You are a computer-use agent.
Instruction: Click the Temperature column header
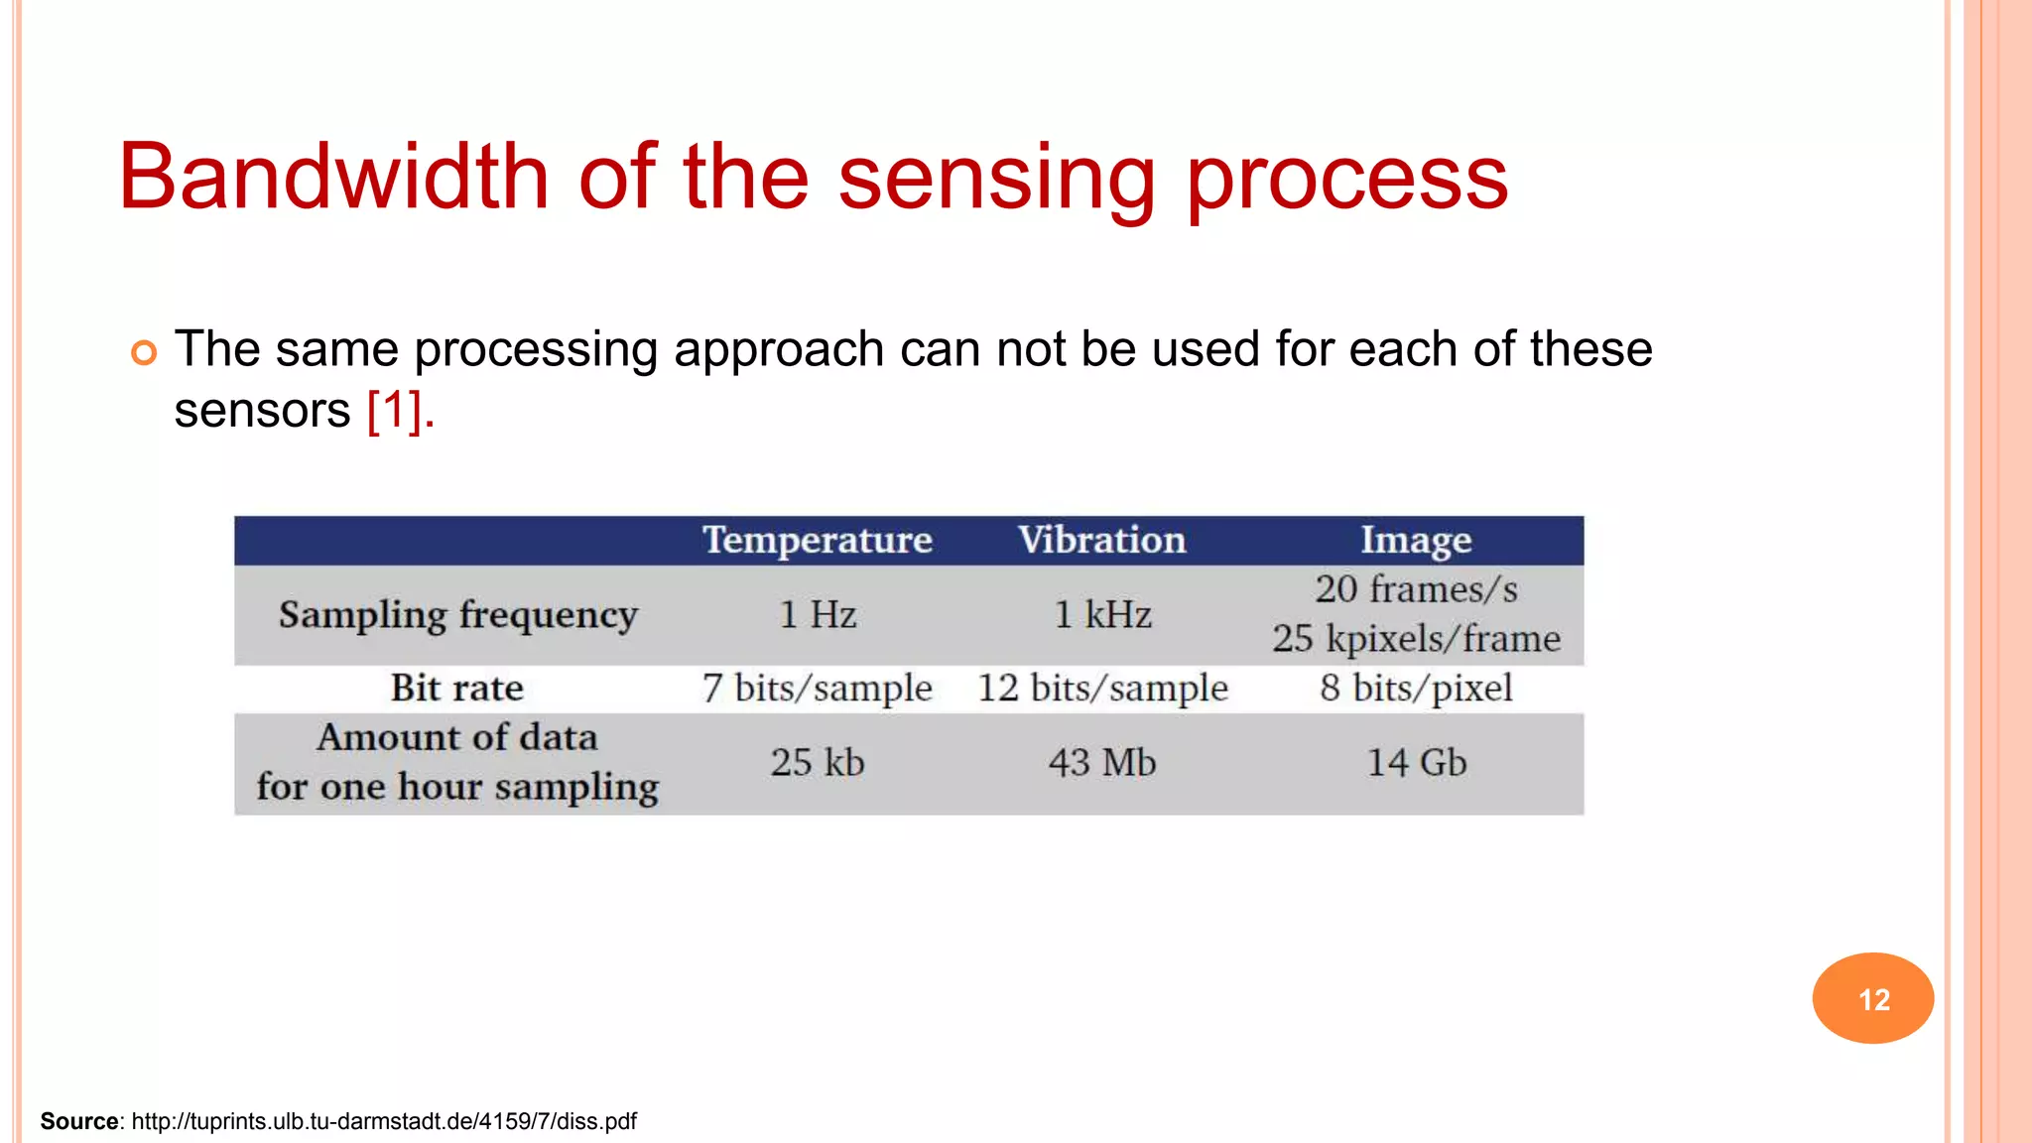(x=818, y=541)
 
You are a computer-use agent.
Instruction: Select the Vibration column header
(x=1101, y=541)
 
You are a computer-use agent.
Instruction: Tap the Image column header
(x=1416, y=541)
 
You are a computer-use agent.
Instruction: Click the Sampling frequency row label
(x=457, y=615)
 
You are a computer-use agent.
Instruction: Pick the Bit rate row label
(x=456, y=688)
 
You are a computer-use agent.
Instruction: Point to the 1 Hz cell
(x=818, y=615)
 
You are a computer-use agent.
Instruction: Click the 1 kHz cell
(x=1102, y=615)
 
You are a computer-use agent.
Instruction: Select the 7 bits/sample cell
(x=818, y=689)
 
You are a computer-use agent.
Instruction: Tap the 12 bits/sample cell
(x=1102, y=689)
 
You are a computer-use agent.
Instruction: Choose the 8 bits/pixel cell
(x=1416, y=689)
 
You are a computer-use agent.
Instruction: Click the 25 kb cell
(x=818, y=763)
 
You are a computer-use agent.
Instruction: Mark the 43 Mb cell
(x=1102, y=763)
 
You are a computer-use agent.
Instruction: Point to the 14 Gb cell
(x=1416, y=763)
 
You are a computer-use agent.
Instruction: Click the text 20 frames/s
(x=1416, y=590)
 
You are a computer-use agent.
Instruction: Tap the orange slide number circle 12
(x=1872, y=998)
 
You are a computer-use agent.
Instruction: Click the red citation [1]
(x=395, y=410)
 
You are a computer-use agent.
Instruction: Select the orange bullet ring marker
(x=144, y=352)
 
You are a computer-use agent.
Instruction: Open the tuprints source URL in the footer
(x=384, y=1121)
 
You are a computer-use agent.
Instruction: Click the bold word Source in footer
(x=79, y=1121)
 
